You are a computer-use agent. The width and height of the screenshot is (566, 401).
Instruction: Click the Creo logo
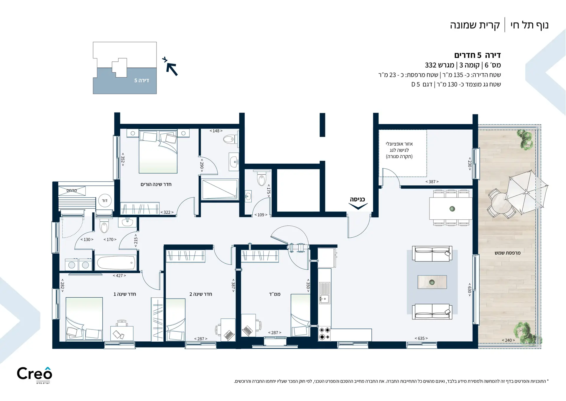[x=34, y=375]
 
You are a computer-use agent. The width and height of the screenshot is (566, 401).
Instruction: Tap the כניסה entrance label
[x=357, y=199]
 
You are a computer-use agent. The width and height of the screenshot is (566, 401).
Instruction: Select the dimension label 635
[x=421, y=338]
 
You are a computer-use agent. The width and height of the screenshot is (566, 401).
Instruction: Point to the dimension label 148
[x=216, y=131]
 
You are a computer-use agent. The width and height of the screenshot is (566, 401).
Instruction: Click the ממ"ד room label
[x=275, y=294]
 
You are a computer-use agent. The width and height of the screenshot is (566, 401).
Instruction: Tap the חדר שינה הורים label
[x=156, y=184]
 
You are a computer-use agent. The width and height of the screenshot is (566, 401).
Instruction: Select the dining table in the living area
[x=451, y=209]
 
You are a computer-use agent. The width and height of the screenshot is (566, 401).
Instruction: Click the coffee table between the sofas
[x=432, y=282]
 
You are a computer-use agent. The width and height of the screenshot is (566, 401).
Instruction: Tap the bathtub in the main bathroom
[x=116, y=263]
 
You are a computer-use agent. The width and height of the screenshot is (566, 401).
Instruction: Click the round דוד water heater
[x=105, y=201]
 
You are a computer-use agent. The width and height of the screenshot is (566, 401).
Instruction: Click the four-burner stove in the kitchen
[x=324, y=333]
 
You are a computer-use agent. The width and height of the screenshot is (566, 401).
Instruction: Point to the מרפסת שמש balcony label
[x=508, y=253]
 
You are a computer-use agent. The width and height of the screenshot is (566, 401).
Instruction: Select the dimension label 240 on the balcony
[x=508, y=340]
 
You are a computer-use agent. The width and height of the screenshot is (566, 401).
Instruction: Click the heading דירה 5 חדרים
[x=478, y=55]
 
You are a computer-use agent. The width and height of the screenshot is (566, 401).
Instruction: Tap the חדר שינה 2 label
[x=201, y=294]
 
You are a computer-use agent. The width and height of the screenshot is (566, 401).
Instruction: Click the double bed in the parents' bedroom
[x=158, y=151]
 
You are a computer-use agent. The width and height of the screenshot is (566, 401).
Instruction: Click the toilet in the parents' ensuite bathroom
[x=230, y=139]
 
